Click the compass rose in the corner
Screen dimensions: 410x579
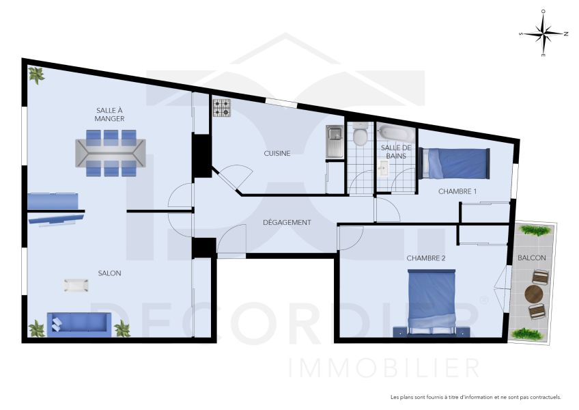(543, 33)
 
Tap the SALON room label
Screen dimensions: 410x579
(109, 273)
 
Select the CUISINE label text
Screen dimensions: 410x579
(277, 154)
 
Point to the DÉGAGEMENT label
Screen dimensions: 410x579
(287, 223)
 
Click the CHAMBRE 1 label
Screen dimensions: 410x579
(457, 191)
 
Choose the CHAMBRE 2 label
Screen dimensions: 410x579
(425, 258)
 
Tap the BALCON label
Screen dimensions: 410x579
(532, 258)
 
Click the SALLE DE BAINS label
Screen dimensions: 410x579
(395, 152)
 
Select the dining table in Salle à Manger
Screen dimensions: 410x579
(110, 154)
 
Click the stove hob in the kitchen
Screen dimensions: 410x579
(223, 108)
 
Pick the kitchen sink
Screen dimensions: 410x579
(335, 142)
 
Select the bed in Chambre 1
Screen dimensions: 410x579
(455, 163)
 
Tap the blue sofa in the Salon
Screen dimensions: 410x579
(79, 324)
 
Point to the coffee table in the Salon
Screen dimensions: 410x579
(76, 286)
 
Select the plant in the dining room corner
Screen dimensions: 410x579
(36, 74)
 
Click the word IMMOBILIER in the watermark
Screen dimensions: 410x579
(384, 368)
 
